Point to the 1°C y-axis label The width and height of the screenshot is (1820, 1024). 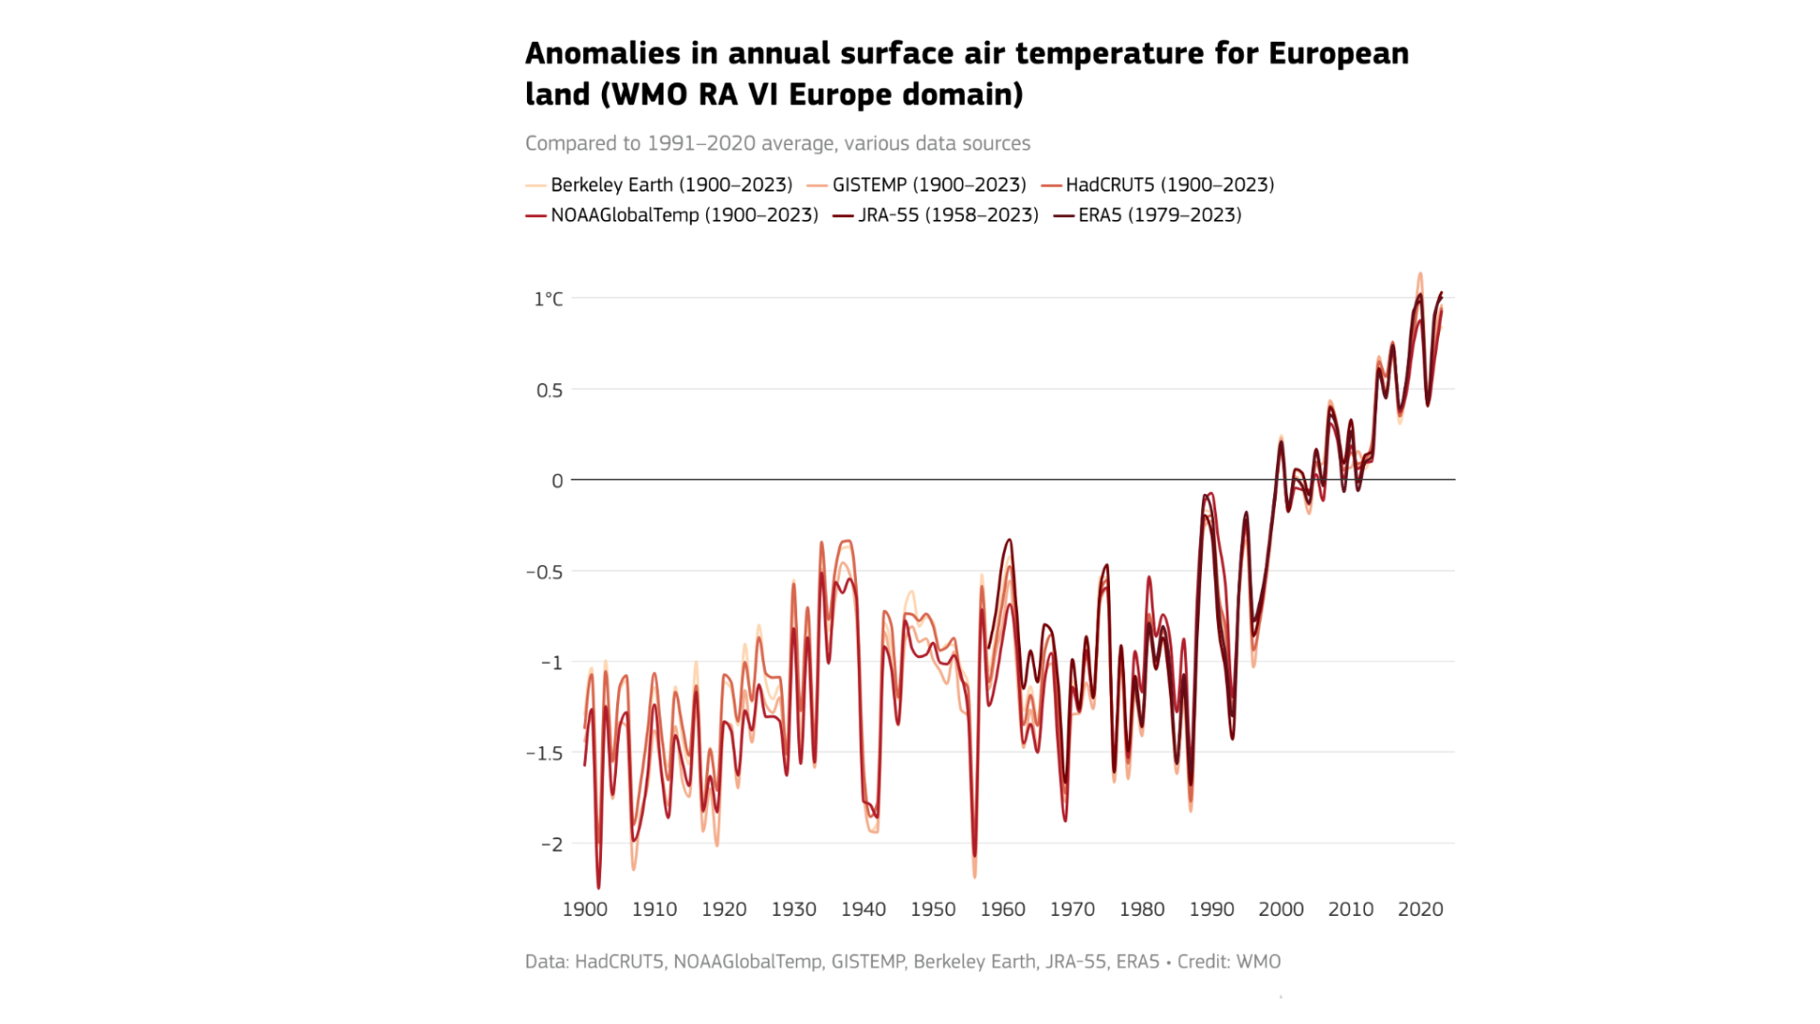[x=548, y=300]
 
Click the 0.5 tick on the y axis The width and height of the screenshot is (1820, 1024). [x=549, y=391]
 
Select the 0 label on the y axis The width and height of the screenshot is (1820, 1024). [x=557, y=482]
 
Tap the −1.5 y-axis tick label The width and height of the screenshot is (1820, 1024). [x=544, y=754]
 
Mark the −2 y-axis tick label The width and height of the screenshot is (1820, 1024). [x=552, y=845]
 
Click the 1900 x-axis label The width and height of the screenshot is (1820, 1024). [x=585, y=909]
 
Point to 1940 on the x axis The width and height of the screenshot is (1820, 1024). [x=864, y=909]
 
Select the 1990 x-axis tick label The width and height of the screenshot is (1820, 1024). [x=1211, y=909]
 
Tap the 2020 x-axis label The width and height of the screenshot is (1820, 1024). [x=1420, y=909]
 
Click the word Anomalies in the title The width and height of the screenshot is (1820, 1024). [x=602, y=54]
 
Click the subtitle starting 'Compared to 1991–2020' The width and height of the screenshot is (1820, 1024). [x=777, y=143]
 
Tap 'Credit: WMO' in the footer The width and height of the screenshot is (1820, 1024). [x=1228, y=961]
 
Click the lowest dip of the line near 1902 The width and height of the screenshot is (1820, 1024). [x=598, y=887]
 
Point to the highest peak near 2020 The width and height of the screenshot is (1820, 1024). [x=1420, y=274]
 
